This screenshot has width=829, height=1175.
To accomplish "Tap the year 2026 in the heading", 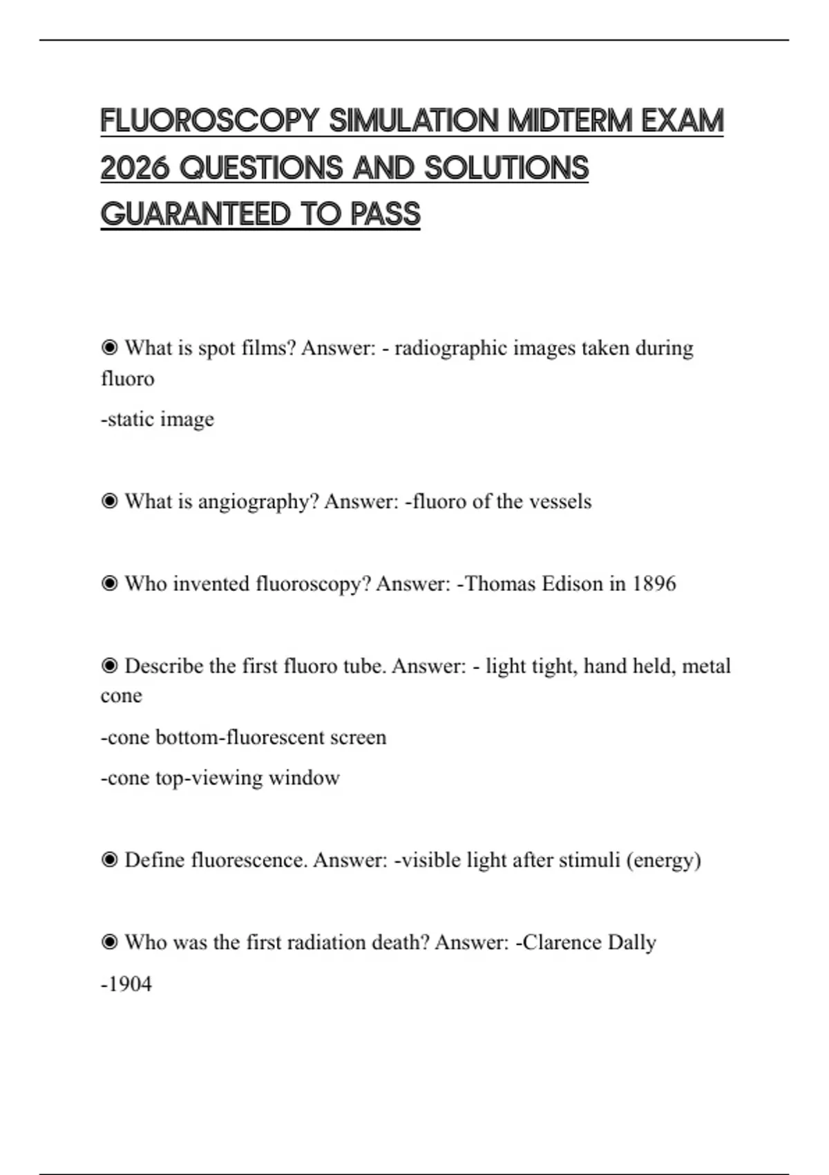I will click(135, 168).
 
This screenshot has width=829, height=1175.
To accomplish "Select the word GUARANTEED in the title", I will click(196, 214).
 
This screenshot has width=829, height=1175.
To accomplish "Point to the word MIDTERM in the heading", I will click(570, 121).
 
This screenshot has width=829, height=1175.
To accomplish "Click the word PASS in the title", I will click(385, 214).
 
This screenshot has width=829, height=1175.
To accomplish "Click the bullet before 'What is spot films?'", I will click(109, 348).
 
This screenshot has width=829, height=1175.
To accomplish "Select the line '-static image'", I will click(158, 420).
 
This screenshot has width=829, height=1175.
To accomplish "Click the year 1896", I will click(654, 584).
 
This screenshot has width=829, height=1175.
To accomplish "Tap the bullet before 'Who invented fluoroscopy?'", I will click(109, 584).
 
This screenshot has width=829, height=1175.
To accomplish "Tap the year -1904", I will click(126, 984).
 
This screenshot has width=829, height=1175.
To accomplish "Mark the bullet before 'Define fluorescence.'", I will click(109, 861).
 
